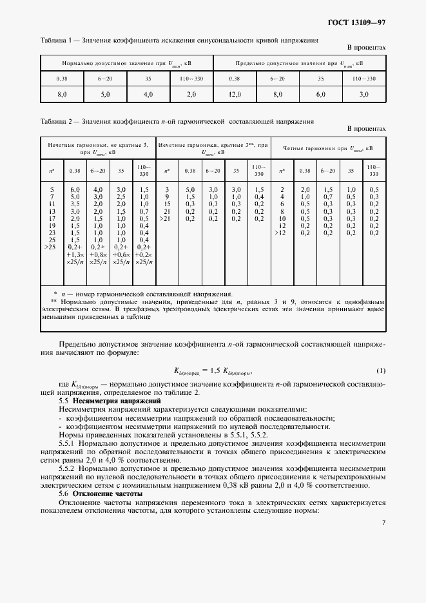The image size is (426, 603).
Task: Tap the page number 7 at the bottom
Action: (x=383, y=522)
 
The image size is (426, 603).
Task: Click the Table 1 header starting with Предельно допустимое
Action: (x=299, y=63)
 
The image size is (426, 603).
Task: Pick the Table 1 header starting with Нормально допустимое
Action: (x=126, y=63)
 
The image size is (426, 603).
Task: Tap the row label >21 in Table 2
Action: (x=167, y=218)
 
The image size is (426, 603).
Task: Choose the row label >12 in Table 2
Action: (x=281, y=233)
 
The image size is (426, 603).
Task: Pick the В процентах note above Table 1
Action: (x=366, y=48)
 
